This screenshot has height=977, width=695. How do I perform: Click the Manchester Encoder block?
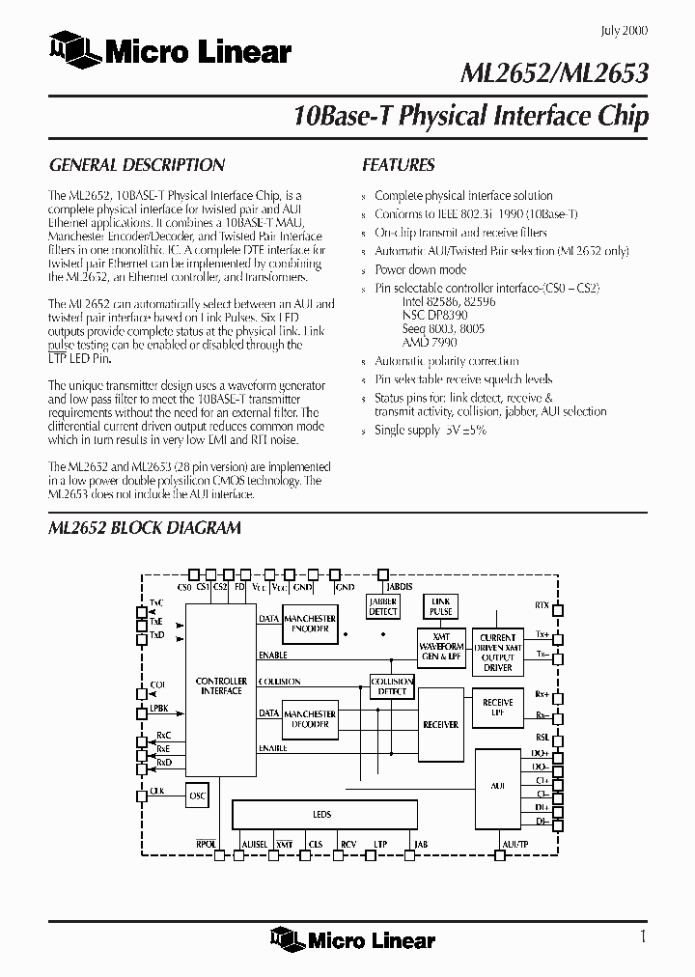coord(310,623)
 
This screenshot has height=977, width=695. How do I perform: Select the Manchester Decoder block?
coord(310,719)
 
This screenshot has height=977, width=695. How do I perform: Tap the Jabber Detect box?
coord(383,606)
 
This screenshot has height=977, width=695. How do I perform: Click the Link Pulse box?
coord(441,606)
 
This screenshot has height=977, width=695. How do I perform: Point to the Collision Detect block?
coord(392,686)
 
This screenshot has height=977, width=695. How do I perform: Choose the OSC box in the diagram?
coord(198,795)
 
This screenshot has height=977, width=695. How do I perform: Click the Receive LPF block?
coord(497,708)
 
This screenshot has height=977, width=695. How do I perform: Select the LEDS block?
coord(322,814)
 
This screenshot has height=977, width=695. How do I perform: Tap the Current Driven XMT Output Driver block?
coord(497,652)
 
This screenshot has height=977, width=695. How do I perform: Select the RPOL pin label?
coord(206,844)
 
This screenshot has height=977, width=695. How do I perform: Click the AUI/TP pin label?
coord(514,844)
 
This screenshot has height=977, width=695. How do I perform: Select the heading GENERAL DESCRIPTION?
coord(136,165)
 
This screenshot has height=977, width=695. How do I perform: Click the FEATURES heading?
coord(398,165)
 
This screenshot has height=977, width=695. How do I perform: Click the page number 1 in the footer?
coord(642,935)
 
